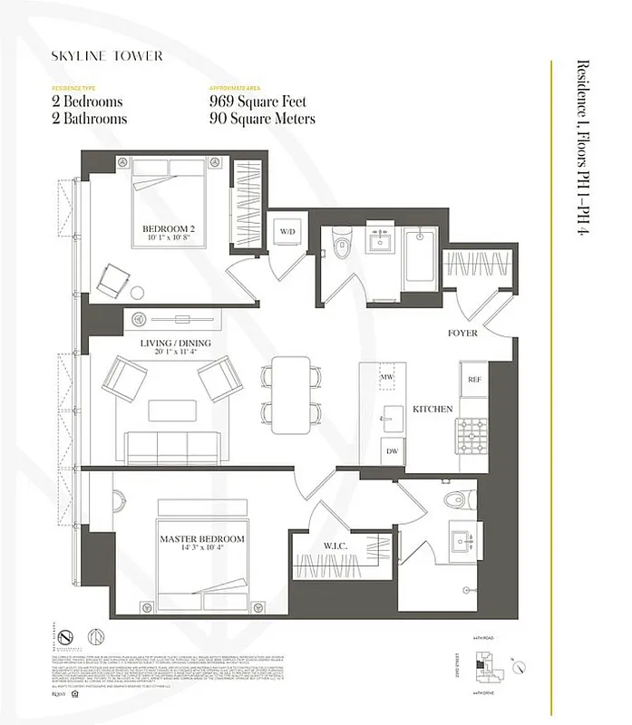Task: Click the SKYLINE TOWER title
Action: point(107,56)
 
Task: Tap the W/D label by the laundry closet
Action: point(287,232)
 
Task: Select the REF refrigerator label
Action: point(473,379)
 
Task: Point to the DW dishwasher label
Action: point(392,450)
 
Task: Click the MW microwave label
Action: point(387,377)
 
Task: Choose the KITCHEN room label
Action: point(433,410)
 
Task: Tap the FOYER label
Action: point(462,333)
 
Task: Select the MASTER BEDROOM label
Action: point(202,539)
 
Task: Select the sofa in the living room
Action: point(173,446)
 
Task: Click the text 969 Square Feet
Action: point(262,101)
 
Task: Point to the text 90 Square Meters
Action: point(262,119)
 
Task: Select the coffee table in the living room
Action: point(172,410)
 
